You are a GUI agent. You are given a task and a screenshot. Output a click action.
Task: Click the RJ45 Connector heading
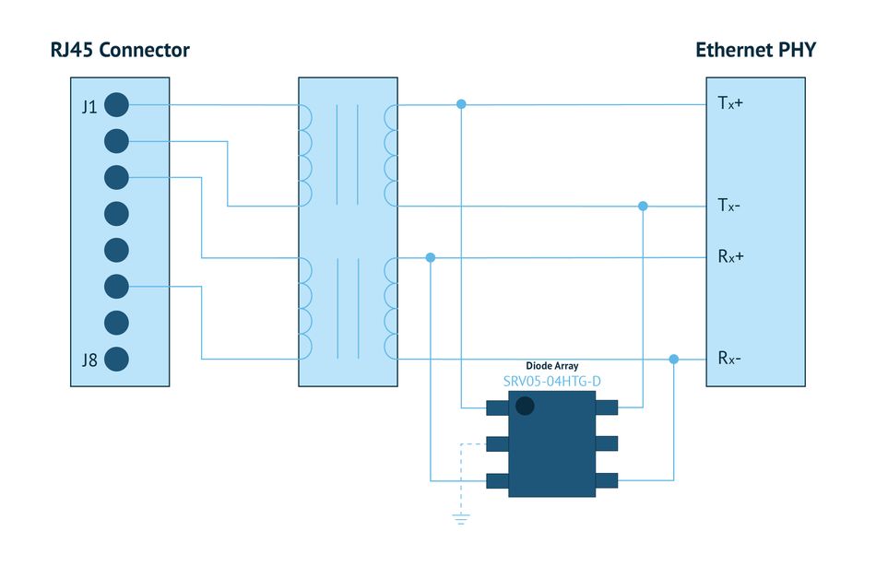(x=120, y=50)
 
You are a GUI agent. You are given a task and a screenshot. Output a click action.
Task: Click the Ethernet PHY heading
(x=755, y=50)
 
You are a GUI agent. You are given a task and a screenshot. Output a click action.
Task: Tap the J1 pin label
(x=89, y=106)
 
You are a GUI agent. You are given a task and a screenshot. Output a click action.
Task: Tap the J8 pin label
(x=89, y=360)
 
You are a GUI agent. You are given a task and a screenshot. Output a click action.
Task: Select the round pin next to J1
(x=116, y=105)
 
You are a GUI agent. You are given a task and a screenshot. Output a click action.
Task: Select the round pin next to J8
(x=116, y=360)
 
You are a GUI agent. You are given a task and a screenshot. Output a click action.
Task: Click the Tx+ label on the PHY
(x=730, y=102)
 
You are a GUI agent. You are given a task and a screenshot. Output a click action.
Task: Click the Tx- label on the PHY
(x=729, y=205)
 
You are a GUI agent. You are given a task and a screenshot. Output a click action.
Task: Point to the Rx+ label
(x=730, y=256)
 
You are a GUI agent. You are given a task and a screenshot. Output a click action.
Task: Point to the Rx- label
(x=729, y=358)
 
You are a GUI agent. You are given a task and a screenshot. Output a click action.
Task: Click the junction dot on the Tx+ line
(x=461, y=104)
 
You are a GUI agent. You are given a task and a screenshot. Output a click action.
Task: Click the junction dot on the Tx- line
(x=643, y=207)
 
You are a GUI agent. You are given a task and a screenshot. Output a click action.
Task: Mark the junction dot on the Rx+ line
(x=431, y=257)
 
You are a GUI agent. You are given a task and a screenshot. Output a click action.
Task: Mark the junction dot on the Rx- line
(x=674, y=360)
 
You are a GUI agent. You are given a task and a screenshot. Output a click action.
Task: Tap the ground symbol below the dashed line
(x=461, y=519)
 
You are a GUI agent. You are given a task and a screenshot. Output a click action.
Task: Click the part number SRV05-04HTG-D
(x=552, y=382)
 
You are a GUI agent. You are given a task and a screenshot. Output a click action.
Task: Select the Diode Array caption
(x=552, y=366)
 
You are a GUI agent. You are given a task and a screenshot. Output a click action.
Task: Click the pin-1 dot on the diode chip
(x=525, y=406)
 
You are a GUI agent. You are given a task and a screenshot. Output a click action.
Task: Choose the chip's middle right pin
(x=607, y=443)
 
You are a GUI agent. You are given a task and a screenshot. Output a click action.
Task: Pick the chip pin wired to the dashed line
(x=497, y=444)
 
